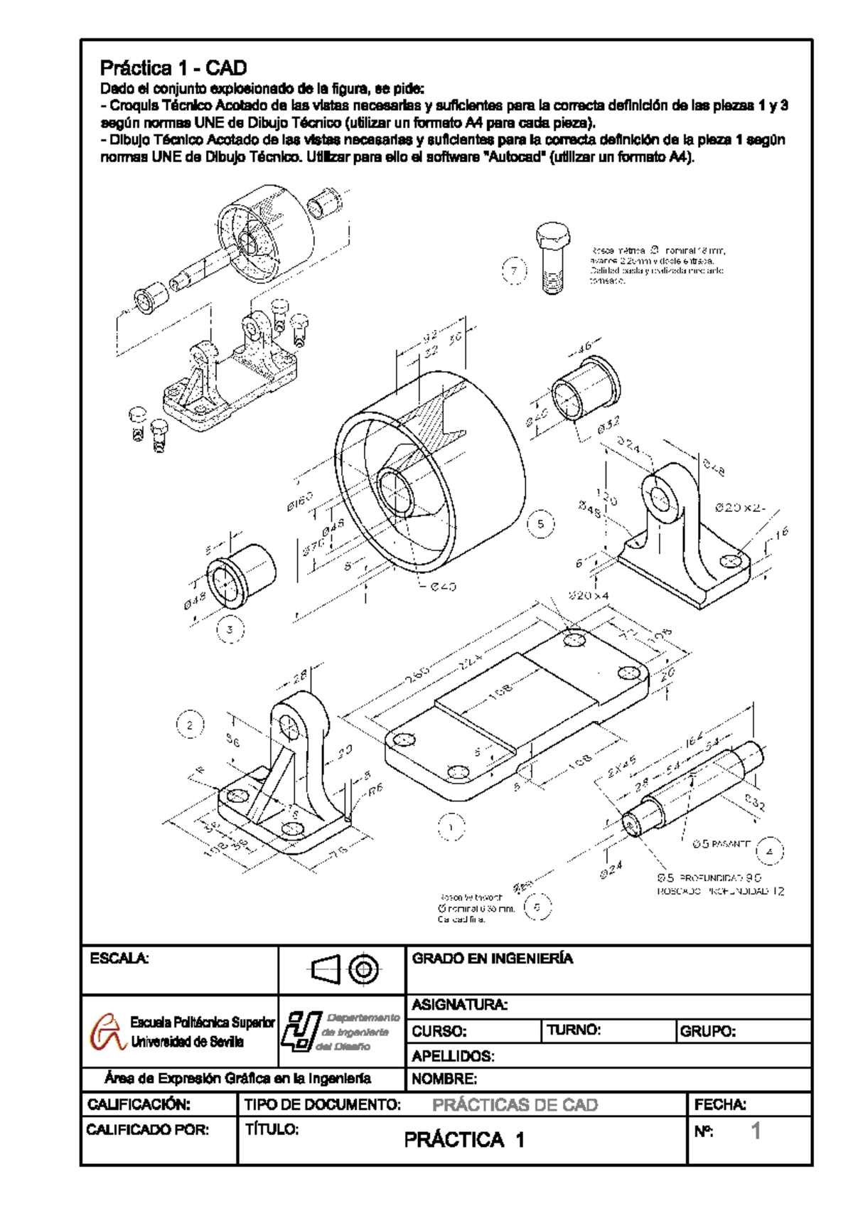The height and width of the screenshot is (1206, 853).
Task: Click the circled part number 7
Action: click(x=515, y=271)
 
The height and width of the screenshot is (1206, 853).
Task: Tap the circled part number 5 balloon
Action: click(x=541, y=524)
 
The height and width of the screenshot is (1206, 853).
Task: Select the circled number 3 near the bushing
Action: click(x=230, y=629)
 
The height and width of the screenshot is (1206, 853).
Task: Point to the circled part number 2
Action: click(x=189, y=725)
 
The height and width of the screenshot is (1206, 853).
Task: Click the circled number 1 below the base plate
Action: click(x=451, y=826)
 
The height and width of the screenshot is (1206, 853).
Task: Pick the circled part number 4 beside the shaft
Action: click(x=769, y=850)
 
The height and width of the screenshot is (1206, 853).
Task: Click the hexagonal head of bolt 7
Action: click(x=552, y=234)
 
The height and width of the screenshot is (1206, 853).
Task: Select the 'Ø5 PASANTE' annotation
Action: click(x=721, y=844)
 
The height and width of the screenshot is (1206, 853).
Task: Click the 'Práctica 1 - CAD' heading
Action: click(x=173, y=69)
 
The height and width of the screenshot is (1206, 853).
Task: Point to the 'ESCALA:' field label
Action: click(x=119, y=959)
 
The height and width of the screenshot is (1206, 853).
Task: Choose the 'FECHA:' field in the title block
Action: click(x=719, y=1104)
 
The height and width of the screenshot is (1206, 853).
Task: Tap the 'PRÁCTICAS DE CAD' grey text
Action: click(x=515, y=1105)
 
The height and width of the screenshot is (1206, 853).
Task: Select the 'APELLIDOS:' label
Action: click(x=453, y=1056)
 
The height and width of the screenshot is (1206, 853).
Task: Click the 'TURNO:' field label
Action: click(x=574, y=1030)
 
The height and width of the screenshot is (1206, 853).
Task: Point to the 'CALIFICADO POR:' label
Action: click(x=148, y=1129)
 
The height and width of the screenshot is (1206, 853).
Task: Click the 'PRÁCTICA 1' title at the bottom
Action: click(x=464, y=1141)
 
